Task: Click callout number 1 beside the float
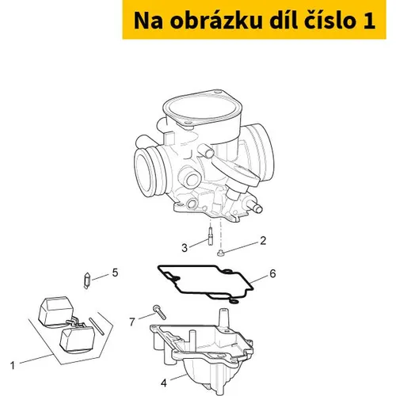[13, 366]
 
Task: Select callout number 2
[263, 241]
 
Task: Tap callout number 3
[185, 248]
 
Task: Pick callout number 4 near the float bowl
[164, 383]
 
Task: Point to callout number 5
[115, 272]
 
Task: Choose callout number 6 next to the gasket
[272, 274]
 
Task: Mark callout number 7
[132, 322]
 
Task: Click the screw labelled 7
[159, 312]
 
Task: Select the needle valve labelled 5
[87, 280]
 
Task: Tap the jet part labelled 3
[210, 237]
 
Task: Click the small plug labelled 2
[219, 253]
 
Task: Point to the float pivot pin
[97, 326]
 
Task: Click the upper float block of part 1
[56, 311]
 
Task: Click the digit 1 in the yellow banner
[369, 21]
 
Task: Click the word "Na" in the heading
[148, 21]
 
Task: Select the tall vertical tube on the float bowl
[224, 318]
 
